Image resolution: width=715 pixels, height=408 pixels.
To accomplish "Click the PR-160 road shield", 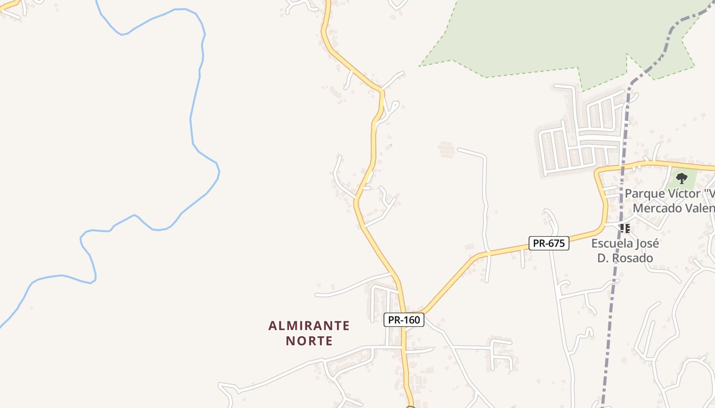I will coord(403,320).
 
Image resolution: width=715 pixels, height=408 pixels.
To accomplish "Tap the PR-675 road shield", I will coord(549,243).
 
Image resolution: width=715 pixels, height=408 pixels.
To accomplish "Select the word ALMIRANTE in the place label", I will coord(309,325).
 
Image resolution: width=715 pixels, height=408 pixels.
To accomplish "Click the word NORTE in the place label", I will coord(309,341).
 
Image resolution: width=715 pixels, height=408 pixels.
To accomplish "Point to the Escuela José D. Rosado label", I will coord(625,250).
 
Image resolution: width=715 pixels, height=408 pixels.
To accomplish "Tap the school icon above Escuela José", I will coord(625,228).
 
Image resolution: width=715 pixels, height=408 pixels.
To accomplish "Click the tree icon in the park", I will coord(681,178).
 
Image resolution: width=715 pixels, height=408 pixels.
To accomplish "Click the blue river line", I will coord(192,122).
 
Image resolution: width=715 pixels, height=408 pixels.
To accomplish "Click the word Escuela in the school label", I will coord(610,243).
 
